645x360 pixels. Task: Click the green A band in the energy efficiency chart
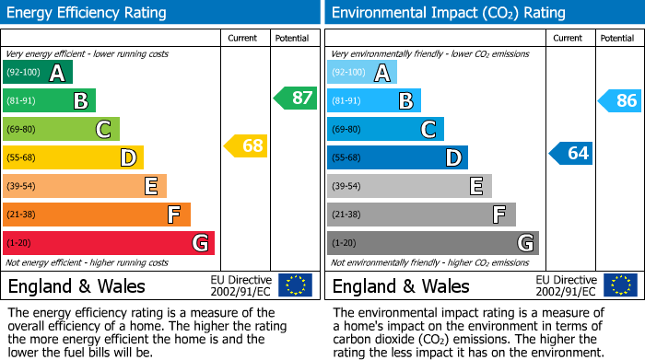click(x=38, y=73)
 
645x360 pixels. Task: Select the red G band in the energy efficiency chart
click(x=109, y=243)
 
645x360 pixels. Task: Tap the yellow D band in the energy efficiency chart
click(x=73, y=157)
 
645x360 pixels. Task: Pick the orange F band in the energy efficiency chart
click(x=97, y=215)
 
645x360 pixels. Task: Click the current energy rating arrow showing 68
click(x=245, y=145)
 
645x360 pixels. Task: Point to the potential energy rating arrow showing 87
click(x=295, y=98)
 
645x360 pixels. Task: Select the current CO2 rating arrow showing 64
click(x=570, y=153)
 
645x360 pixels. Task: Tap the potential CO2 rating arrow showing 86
click(x=619, y=100)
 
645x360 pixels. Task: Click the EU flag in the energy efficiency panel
click(x=295, y=285)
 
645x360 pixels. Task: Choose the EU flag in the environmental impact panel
click(x=620, y=285)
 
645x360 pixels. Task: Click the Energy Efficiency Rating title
click(x=88, y=13)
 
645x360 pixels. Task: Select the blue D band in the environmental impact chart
click(x=397, y=157)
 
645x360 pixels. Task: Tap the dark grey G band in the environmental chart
click(x=432, y=243)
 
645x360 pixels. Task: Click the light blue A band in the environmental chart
click(x=362, y=73)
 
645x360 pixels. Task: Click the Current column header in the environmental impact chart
click(x=569, y=38)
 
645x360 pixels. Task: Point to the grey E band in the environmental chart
click(x=409, y=186)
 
